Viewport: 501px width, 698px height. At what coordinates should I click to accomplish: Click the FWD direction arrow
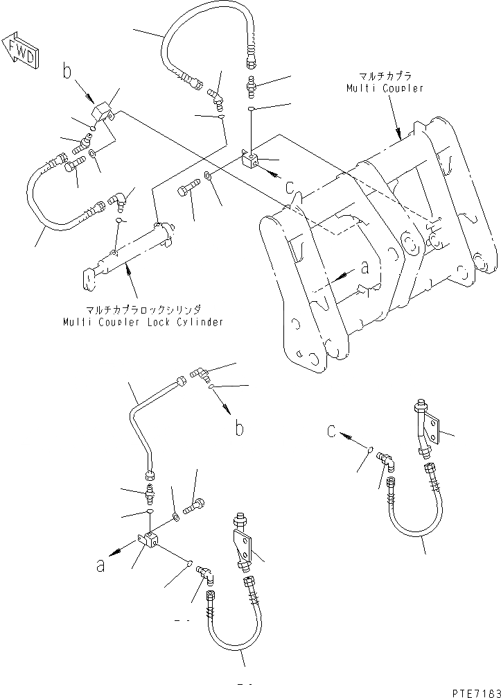(20, 50)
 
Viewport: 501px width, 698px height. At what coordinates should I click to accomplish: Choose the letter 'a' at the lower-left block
(101, 565)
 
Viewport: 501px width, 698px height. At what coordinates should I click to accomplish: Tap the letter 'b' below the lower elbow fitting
(239, 429)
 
